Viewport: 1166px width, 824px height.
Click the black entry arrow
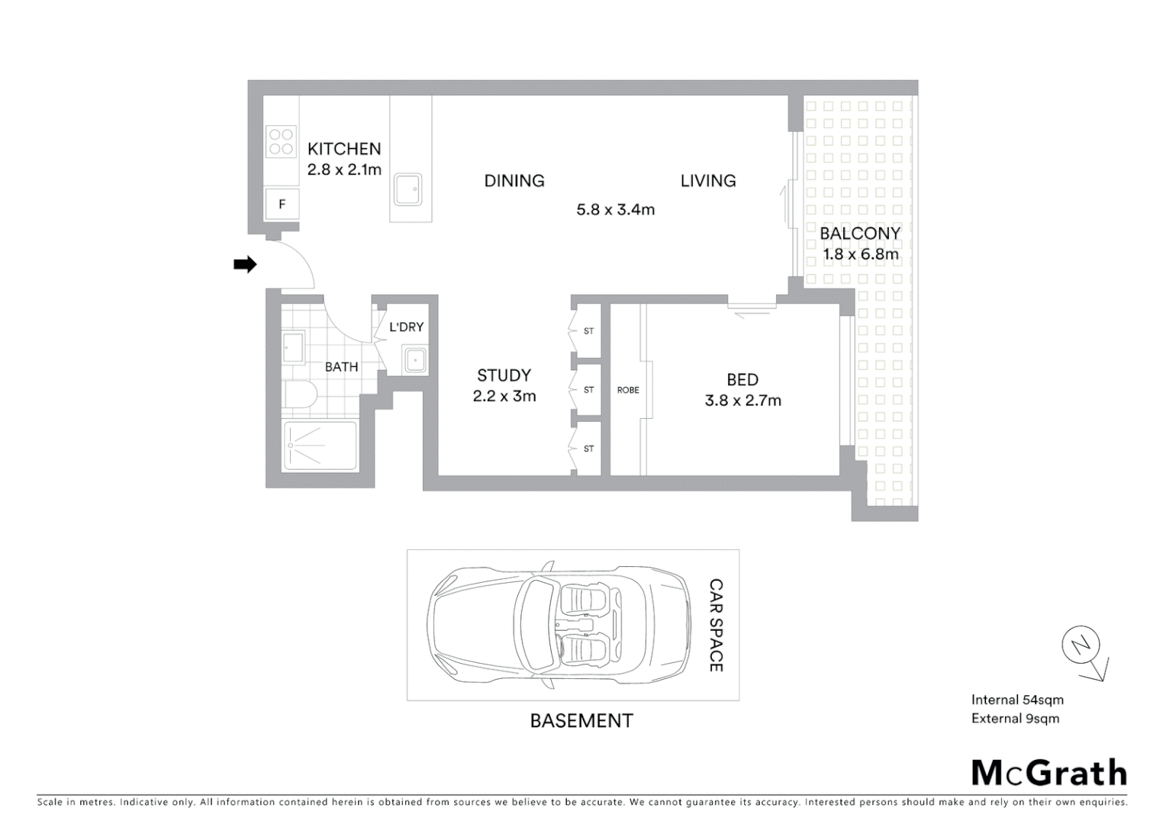tap(244, 265)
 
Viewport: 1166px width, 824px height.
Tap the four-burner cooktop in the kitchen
tap(281, 142)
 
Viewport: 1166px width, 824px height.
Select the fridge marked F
tap(282, 204)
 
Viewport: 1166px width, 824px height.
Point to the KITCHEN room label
tap(344, 149)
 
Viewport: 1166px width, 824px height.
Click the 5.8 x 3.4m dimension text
tap(615, 210)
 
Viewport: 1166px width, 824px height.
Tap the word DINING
tap(514, 181)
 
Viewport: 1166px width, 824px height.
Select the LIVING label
tap(708, 181)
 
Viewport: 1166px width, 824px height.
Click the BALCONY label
tap(860, 233)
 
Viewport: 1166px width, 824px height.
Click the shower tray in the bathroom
tap(320, 446)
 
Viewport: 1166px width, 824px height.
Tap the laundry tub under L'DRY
tap(415, 359)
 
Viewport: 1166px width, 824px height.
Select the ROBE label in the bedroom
tap(628, 390)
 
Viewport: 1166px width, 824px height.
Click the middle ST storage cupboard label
tap(588, 390)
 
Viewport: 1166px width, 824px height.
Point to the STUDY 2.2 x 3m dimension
tap(504, 397)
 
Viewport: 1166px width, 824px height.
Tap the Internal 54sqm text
tap(1017, 700)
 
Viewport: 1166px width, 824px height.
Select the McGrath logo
tap(1048, 772)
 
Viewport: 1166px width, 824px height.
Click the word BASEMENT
tap(581, 721)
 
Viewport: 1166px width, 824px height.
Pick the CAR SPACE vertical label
tap(716, 625)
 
